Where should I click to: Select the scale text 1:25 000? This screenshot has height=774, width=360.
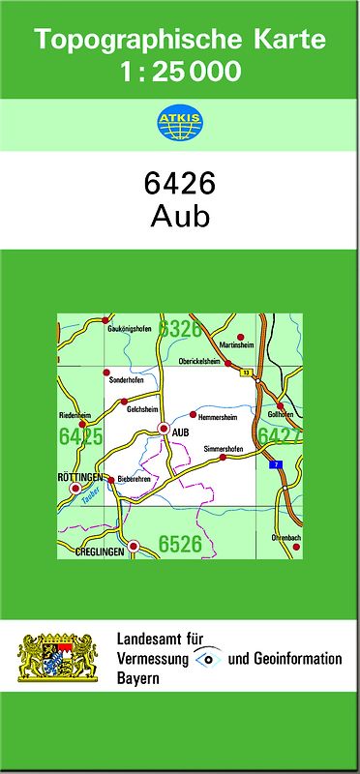pos(181,71)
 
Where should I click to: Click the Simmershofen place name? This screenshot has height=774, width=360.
pos(225,449)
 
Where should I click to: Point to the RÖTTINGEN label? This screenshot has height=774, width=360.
pos(81,478)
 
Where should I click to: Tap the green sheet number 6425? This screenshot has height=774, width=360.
pos(80,437)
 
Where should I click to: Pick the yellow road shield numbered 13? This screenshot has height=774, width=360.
pos(247,372)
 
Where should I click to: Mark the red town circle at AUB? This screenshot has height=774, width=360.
pos(165,428)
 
